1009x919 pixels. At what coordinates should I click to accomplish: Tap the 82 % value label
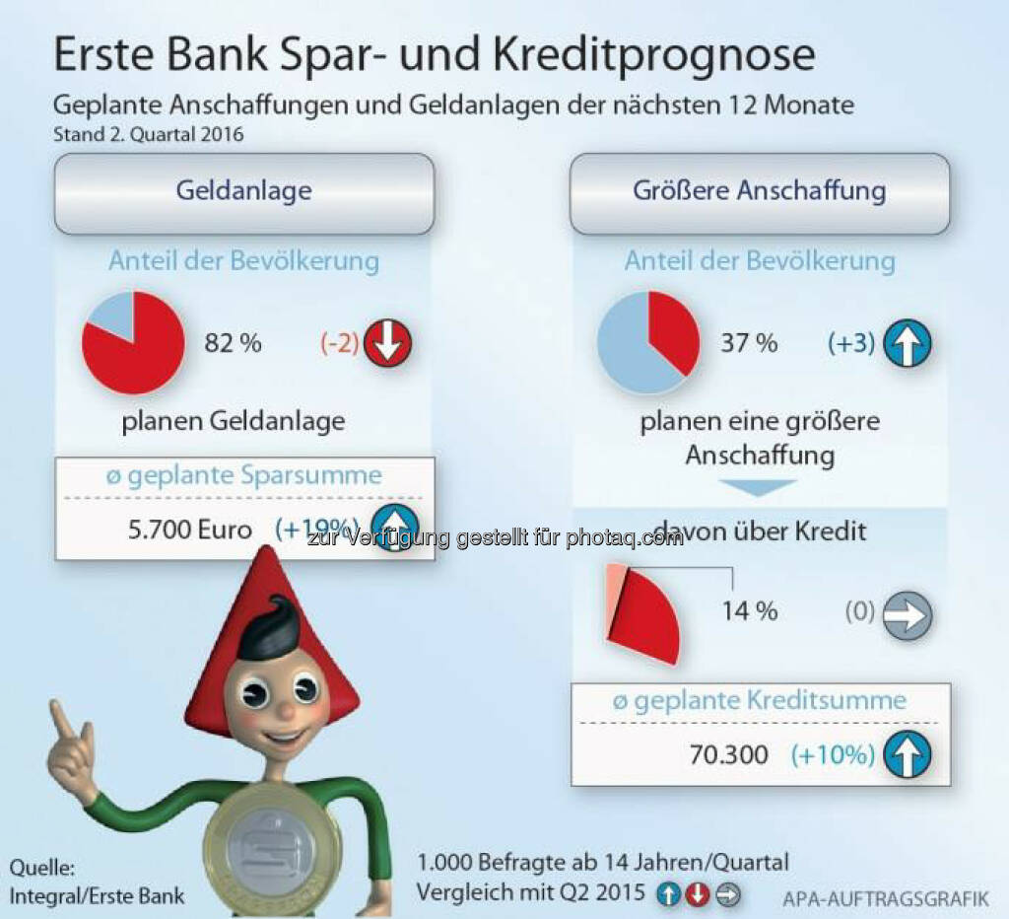pos(233,343)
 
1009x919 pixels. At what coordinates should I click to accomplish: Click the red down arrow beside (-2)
pos(387,344)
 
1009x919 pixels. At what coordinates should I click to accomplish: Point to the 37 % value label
pos(749,343)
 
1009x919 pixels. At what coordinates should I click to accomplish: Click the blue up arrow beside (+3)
pos(907,344)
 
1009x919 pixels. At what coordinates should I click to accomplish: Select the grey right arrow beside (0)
pos(907,615)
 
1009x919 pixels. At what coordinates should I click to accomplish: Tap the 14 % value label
pos(749,611)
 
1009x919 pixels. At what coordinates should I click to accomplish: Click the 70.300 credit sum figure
pos(729,755)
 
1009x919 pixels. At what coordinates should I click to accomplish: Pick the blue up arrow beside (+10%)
pos(907,756)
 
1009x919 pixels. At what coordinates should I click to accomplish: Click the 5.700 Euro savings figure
pos(189,530)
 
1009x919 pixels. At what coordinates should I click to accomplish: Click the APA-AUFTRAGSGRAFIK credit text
pos(885,898)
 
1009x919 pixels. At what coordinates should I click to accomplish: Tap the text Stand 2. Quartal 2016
pos(148,134)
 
